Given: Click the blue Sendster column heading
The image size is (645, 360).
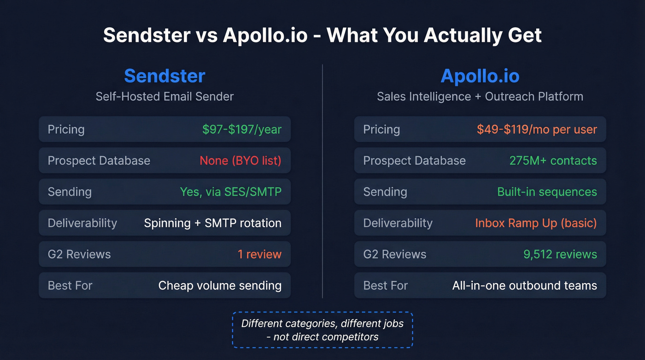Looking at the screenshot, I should coord(164,76).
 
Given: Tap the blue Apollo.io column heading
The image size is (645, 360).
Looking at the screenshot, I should coord(480,76).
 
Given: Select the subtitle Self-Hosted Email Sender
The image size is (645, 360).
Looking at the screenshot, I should coord(164,96).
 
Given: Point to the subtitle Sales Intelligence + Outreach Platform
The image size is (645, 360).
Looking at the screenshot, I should coord(480,96).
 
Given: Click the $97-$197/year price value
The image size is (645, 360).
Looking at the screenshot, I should coord(241,130).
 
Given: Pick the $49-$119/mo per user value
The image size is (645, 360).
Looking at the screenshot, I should coord(537,130).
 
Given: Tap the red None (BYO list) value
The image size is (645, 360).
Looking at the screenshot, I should coord(240,160).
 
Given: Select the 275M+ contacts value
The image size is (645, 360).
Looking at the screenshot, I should coord(553,160).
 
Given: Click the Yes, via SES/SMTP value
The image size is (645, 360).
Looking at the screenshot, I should coord(230,192).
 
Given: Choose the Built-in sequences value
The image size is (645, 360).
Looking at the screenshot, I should coord(547,192).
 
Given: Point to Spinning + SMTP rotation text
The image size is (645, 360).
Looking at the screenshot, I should coord(212,223).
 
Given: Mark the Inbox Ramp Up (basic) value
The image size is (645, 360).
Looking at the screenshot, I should coord(536,223).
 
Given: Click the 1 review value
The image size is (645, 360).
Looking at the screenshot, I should coord(259,254).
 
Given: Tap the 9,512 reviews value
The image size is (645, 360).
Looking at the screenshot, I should coord(560,254).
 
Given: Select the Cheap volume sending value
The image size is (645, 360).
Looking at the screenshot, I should coord(220,285).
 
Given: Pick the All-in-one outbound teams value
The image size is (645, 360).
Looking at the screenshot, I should coord(524,285).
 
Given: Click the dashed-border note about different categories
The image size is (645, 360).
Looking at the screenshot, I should coord(322,330).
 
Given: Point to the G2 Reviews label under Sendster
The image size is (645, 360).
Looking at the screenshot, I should coord(79,254).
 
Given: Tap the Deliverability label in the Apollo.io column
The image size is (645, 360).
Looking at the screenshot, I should coord(398,223).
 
